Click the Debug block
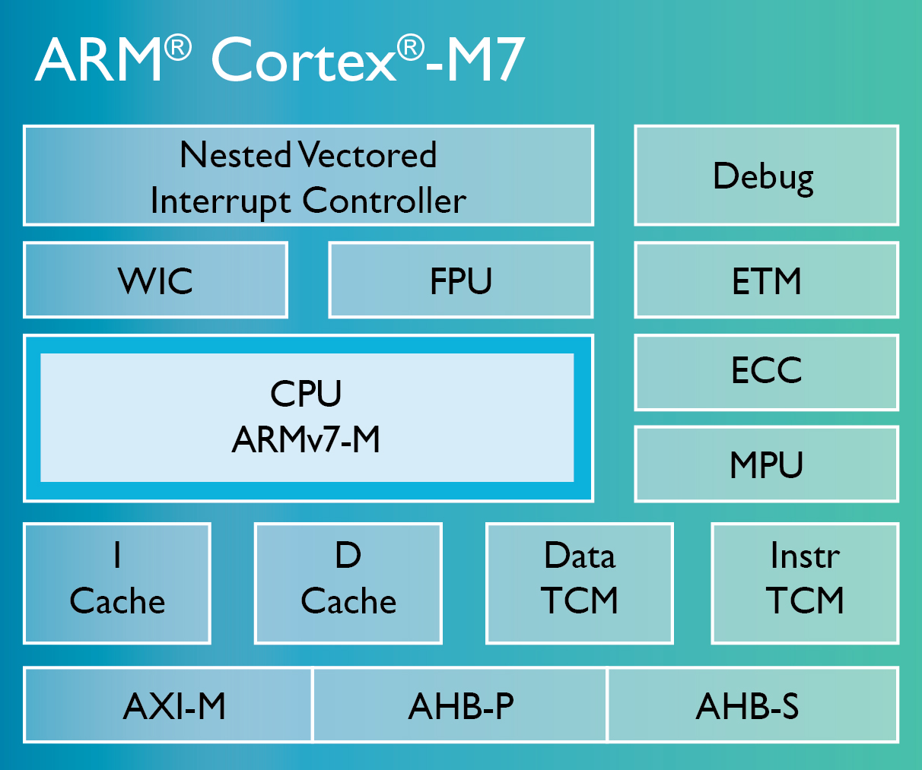766,176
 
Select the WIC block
155,280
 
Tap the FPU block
460,280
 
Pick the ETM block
766,280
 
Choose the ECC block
766,372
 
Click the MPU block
766,464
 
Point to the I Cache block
117,583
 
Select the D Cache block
348,583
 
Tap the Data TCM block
580,583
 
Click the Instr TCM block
805,583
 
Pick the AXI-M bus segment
173,705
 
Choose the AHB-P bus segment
460,705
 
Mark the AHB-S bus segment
749,705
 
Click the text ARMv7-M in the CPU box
306,439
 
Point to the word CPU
306,394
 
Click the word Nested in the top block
236,155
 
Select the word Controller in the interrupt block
384,201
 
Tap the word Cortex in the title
303,61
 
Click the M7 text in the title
485,61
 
